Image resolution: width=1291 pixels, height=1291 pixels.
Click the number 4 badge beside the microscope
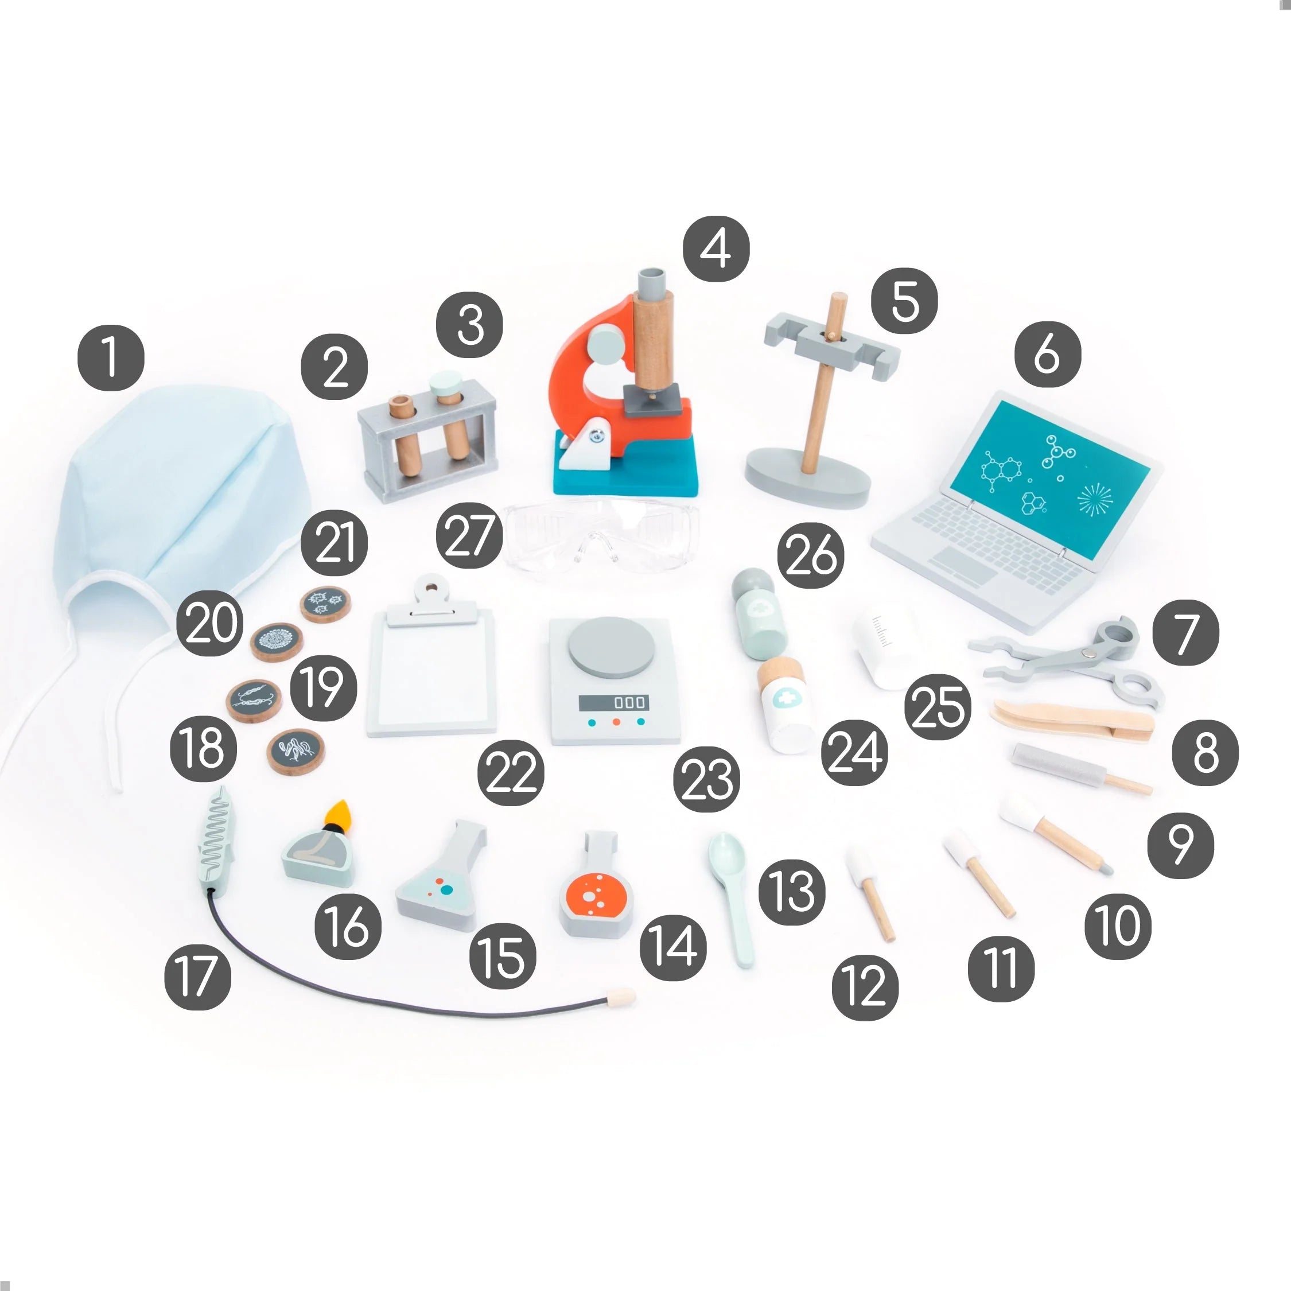[x=716, y=248]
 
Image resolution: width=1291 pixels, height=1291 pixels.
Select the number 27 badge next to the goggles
[x=469, y=535]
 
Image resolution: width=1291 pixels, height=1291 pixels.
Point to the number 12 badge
[x=865, y=987]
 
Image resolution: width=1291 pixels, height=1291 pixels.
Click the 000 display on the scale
[x=612, y=702]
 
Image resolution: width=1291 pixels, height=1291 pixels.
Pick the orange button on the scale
[x=617, y=722]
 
